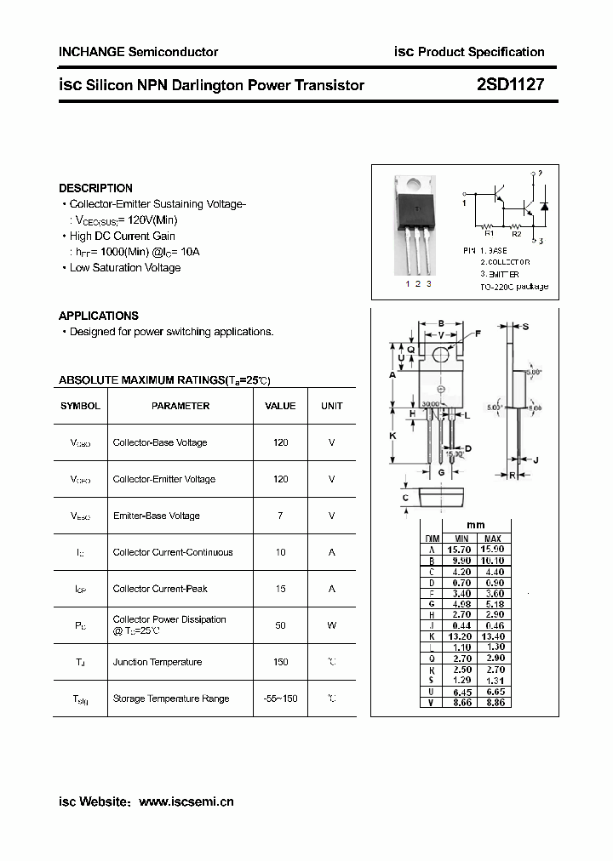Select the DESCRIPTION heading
coord(95,188)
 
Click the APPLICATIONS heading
coord(99,316)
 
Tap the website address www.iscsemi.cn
coord(186,801)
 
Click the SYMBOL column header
coord(80,406)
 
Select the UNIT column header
coord(331,406)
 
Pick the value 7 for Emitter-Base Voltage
coord(280,516)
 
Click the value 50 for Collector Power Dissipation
coord(280,625)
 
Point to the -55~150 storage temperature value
coord(280,698)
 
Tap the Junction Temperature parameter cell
coord(158,662)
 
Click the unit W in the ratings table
coord(331,625)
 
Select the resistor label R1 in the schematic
coord(489,233)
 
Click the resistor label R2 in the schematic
coord(516,233)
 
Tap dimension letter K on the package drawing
coord(392,436)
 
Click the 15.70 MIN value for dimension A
coord(461,550)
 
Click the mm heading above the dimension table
coord(476,526)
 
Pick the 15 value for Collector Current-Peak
coord(280,589)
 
